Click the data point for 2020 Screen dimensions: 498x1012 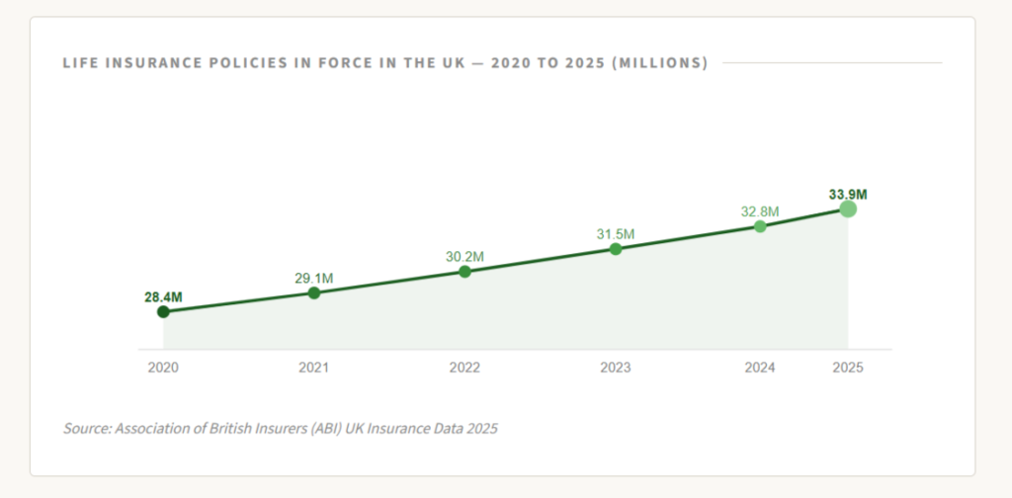163,312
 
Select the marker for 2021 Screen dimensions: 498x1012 314,292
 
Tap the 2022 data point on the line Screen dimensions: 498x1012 464,271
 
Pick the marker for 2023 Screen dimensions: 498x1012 616,249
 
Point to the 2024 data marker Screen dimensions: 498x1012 760,226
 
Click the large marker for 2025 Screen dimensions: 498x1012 848,208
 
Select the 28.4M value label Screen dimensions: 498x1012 163,297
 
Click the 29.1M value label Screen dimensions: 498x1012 314,278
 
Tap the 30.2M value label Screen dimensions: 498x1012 464,257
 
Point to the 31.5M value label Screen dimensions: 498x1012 616,234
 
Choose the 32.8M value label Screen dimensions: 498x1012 760,211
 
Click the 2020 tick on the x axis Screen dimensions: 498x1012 163,367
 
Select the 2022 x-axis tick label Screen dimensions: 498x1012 464,367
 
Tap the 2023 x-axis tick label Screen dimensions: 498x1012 616,367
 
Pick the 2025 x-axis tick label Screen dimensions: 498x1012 848,367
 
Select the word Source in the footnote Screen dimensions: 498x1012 86,429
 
